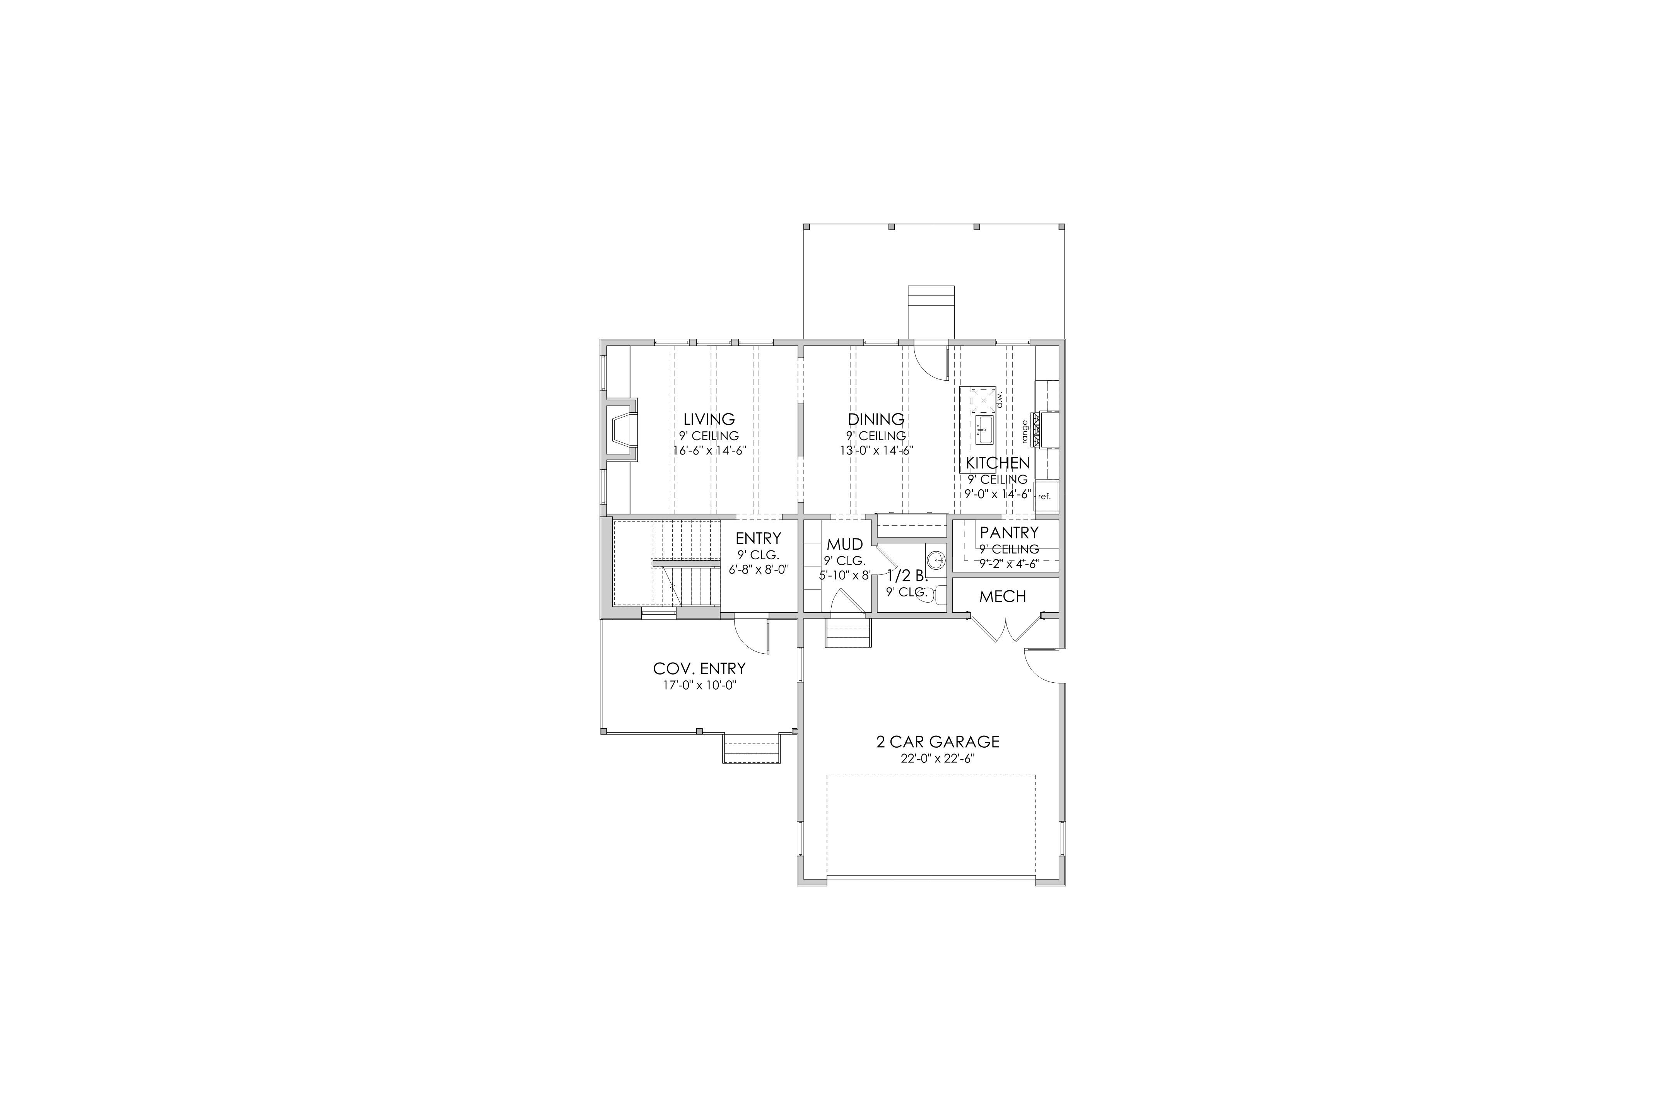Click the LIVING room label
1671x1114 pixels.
pyautogui.click(x=709, y=419)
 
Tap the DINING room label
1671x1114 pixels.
pyautogui.click(x=876, y=419)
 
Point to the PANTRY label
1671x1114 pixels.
pyautogui.click(x=1009, y=532)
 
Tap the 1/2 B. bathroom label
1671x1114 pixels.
pyautogui.click(x=907, y=576)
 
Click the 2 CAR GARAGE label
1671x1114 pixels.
pyautogui.click(x=938, y=742)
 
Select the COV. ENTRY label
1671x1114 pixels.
pyautogui.click(x=699, y=668)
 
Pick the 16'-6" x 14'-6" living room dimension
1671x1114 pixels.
pyautogui.click(x=709, y=450)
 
